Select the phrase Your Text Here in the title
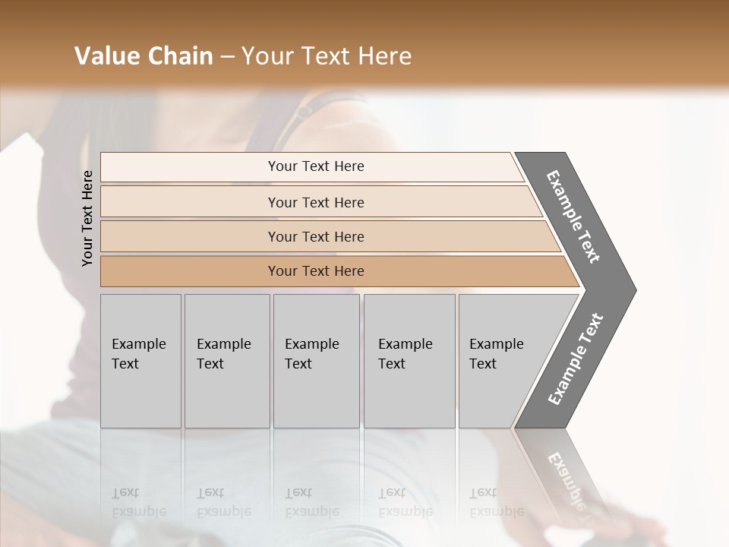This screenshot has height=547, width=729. [x=327, y=56]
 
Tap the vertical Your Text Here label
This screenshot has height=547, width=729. [x=87, y=218]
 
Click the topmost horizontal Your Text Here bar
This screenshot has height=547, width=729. [x=315, y=166]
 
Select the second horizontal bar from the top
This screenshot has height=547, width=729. [x=315, y=202]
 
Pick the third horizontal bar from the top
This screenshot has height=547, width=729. [x=315, y=236]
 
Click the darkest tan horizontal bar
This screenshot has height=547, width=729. [x=315, y=271]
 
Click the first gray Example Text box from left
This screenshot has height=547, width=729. [x=140, y=361]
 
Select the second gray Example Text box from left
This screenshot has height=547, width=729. [x=226, y=361]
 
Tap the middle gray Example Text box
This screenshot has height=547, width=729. [x=316, y=361]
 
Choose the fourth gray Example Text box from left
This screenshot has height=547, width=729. [x=409, y=361]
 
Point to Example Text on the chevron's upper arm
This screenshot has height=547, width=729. [x=573, y=217]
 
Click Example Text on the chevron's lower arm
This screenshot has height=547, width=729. [x=575, y=359]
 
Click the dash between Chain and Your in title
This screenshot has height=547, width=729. [x=226, y=57]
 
